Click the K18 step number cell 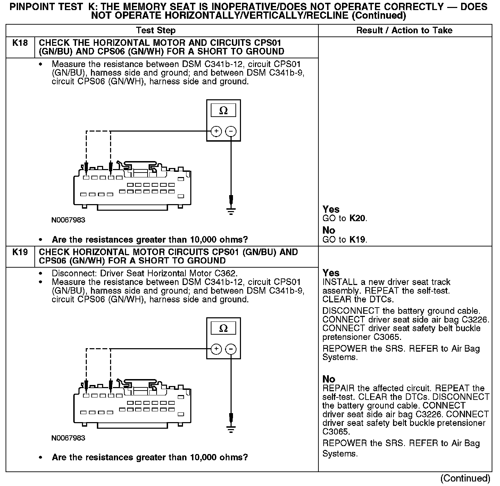pos(20,43)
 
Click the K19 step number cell pos(20,252)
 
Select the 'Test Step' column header pos(156,31)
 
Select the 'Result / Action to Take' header pos(404,31)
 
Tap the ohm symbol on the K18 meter pos(224,111)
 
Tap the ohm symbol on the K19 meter pos(224,328)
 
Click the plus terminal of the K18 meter pos(216,131)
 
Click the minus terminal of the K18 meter pos(231,131)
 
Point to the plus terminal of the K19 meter pos(216,349)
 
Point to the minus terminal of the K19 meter pos(231,349)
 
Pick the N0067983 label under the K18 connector pos(68,220)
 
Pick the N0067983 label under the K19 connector pos(68,438)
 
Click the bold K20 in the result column pos(358,218)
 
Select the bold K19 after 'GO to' pos(358,240)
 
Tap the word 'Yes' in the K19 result pos(331,273)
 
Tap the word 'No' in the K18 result pos(329,231)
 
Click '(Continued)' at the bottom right pos(465,478)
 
